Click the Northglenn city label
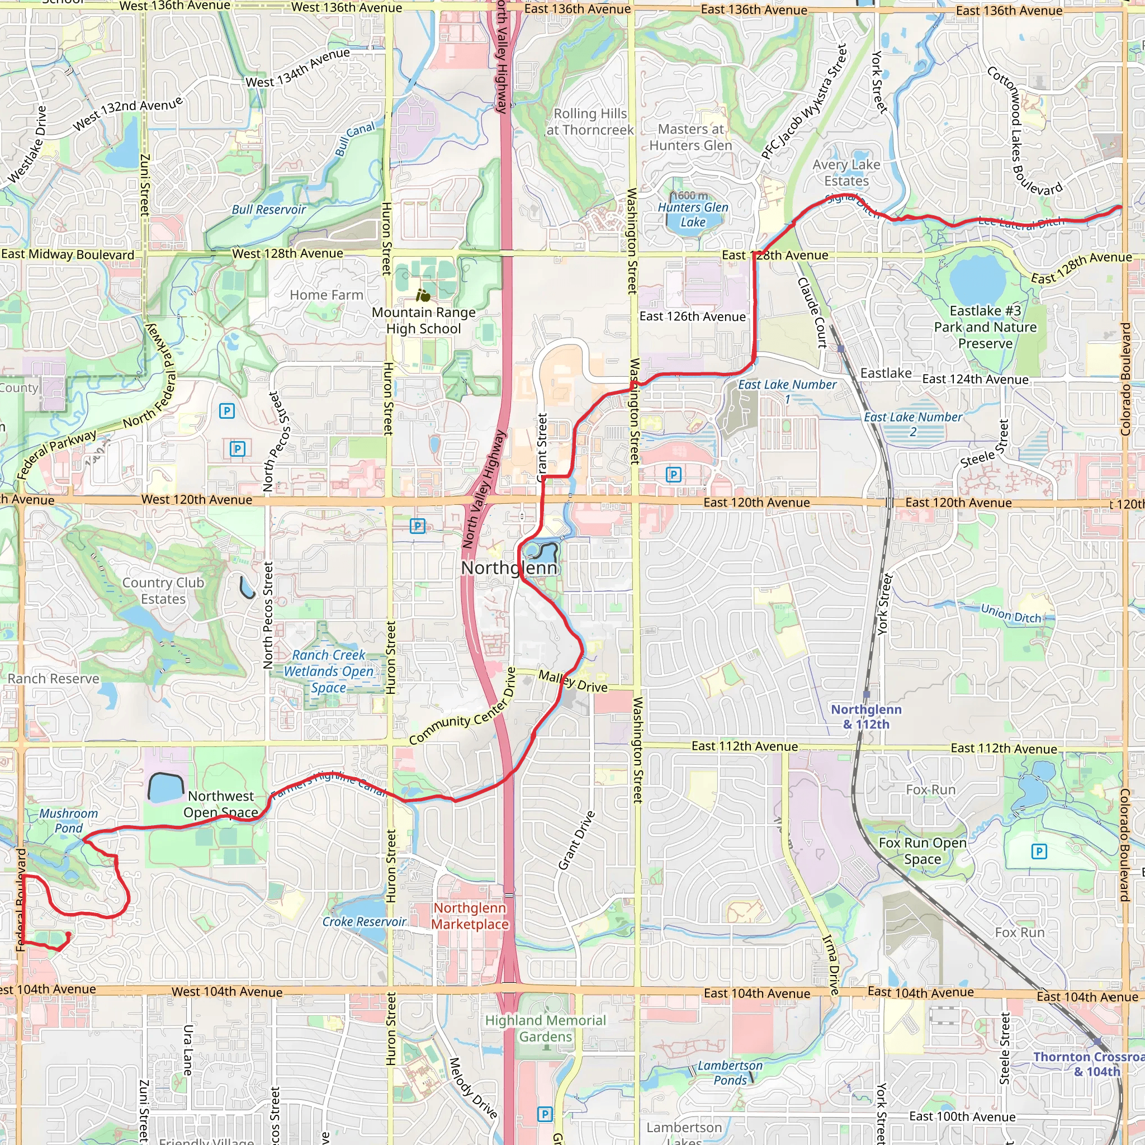(509, 568)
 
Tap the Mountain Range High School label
(423, 320)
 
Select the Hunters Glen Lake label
(693, 215)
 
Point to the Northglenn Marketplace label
(470, 916)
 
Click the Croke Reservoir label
(364, 921)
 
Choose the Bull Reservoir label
(268, 209)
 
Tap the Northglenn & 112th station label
(866, 717)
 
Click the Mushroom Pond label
(69, 821)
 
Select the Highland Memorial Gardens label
(545, 1028)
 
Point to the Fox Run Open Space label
(922, 850)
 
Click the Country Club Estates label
(163, 591)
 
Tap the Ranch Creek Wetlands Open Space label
(328, 671)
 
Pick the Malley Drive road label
(572, 682)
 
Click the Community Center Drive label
(462, 707)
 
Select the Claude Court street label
(812, 313)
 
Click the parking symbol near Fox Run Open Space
(1039, 851)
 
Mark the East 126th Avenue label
(692, 316)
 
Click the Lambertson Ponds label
(730, 1073)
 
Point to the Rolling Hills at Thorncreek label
(590, 121)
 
